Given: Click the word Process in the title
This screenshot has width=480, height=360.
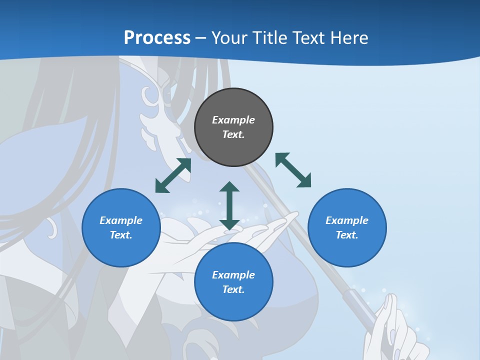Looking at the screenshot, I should pos(157,38).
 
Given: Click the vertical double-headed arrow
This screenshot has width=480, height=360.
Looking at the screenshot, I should pos(229,205).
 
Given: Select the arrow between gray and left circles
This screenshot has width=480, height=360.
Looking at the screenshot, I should pos(173,175).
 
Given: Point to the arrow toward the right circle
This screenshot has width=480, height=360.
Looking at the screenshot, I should pos(293,170).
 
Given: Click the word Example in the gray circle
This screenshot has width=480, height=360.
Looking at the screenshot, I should pos(233,120).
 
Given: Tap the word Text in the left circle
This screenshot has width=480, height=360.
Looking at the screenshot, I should pos(121,235).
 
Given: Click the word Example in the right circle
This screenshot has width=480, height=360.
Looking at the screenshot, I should pos(347,220).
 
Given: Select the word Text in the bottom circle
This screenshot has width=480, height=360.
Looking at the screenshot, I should pos(233,289).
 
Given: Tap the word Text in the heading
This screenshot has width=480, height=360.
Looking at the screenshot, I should pos(310,38).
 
